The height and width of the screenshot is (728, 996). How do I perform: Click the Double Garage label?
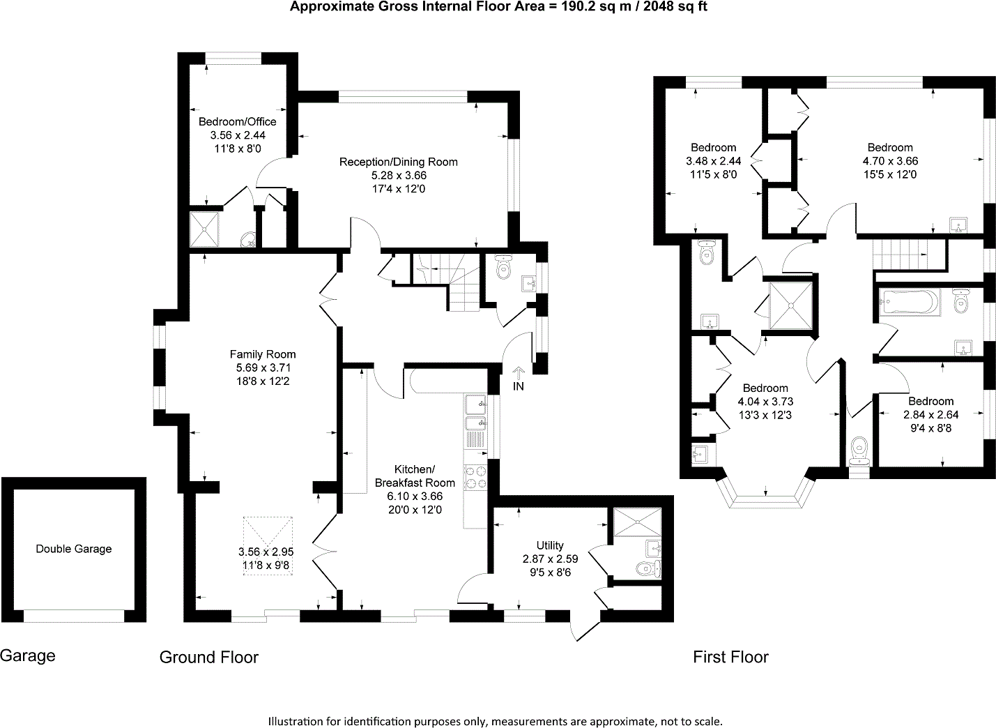tap(74, 549)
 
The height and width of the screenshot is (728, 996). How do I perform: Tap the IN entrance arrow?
tap(518, 376)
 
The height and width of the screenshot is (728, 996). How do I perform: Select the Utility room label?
tap(550, 545)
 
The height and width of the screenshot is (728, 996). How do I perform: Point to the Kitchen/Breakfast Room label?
tap(415, 476)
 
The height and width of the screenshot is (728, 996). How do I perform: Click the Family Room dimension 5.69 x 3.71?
tap(262, 367)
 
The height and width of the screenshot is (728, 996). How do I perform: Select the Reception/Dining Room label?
tap(398, 162)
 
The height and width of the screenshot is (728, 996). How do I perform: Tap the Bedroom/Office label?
tap(237, 122)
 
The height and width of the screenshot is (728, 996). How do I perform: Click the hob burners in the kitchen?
tap(477, 476)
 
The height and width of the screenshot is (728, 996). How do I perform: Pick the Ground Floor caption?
tap(209, 657)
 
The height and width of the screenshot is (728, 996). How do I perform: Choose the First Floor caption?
tap(730, 657)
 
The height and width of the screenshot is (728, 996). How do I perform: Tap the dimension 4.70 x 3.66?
tap(889, 160)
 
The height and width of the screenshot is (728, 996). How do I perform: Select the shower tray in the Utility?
tap(637, 522)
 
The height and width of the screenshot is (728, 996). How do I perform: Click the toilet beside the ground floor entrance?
tap(503, 266)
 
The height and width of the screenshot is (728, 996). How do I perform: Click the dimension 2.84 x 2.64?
tap(930, 414)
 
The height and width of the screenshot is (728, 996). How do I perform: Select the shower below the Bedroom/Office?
tap(205, 229)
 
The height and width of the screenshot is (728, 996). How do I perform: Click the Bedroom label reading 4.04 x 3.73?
tap(765, 402)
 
